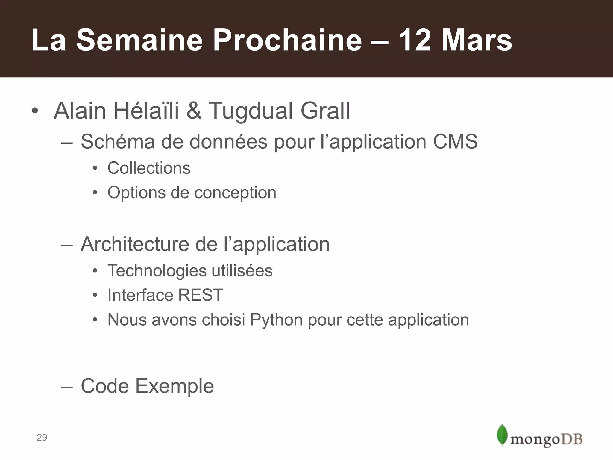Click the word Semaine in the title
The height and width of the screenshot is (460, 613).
point(139,40)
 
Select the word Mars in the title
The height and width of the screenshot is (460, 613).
point(477,40)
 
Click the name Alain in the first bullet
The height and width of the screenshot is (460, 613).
point(80,111)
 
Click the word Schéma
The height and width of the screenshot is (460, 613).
point(118,141)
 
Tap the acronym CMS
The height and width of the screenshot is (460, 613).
point(455,141)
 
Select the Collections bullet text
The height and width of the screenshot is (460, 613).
point(149,168)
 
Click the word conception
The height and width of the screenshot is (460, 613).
point(235,193)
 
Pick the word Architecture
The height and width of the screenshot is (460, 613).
point(135,244)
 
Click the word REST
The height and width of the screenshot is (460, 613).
point(201,295)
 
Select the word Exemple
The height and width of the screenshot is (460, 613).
point(175,386)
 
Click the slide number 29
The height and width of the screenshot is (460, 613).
point(42,438)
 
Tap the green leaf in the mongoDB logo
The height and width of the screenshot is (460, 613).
point(502,435)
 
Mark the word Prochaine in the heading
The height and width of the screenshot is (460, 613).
point(287,40)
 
